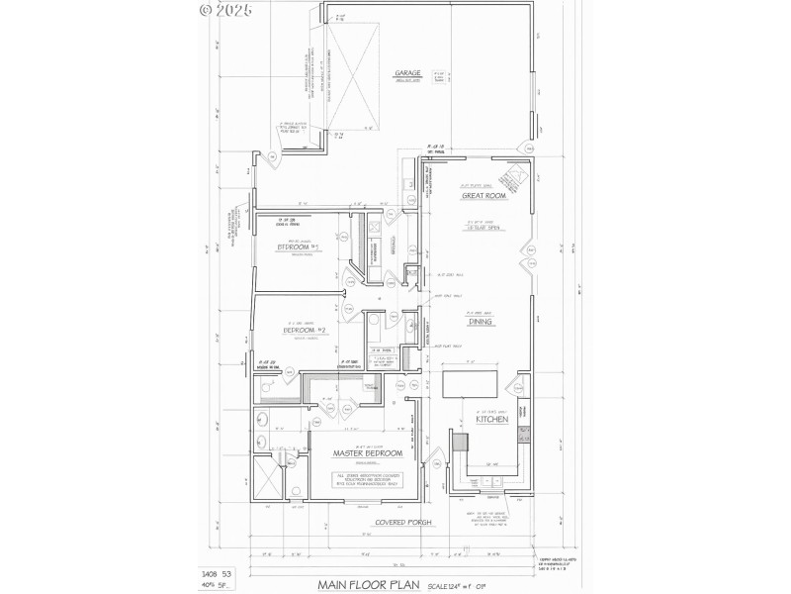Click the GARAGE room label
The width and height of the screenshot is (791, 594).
(x=408, y=73)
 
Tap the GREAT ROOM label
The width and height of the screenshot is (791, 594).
(x=484, y=196)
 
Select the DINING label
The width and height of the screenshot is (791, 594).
(x=480, y=320)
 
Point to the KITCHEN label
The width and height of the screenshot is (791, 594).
(x=491, y=420)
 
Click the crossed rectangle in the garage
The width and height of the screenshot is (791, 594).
(x=354, y=77)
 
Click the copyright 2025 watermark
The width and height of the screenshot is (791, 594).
(x=226, y=11)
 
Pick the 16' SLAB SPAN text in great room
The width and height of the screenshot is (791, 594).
(x=483, y=227)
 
